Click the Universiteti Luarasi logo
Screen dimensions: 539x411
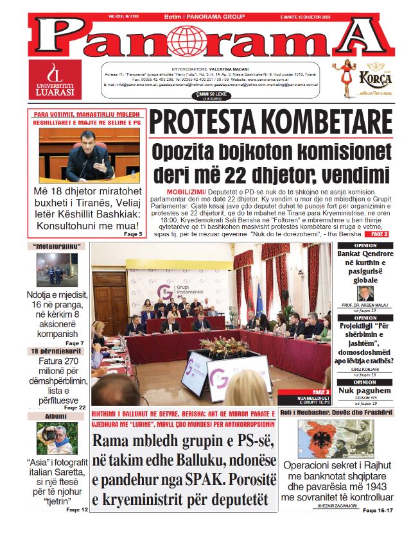58,79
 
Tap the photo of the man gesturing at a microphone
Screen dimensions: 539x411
80,154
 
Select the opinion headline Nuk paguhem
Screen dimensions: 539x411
365,389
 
